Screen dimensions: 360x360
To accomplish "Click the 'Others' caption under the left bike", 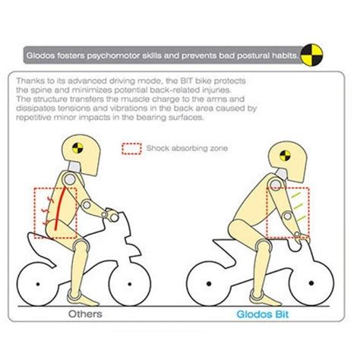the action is point(85,314).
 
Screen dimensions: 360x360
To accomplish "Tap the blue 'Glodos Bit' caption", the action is point(263,314).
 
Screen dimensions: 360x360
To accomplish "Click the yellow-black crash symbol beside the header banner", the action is point(312,55).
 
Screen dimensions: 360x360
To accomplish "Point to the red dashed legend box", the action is point(131,149).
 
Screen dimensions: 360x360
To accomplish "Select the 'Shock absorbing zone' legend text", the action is point(187,148).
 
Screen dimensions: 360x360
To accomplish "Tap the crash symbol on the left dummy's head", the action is point(77,148).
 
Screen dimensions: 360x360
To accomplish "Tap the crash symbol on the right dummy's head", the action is point(285,155).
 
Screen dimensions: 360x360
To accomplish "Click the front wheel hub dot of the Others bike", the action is point(130,284).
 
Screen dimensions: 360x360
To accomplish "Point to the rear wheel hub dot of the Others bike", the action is point(38,284).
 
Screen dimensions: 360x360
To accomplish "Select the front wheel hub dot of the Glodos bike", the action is point(311,283).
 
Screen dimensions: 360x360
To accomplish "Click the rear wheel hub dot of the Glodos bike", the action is point(209,283).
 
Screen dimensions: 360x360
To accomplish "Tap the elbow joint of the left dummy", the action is point(87,204).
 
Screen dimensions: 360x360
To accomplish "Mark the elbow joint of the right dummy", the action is point(288,216).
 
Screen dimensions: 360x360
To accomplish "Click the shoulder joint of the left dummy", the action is point(70,179).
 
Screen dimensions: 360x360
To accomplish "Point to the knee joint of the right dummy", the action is point(264,246).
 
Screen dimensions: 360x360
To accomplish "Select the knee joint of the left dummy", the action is point(81,245).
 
